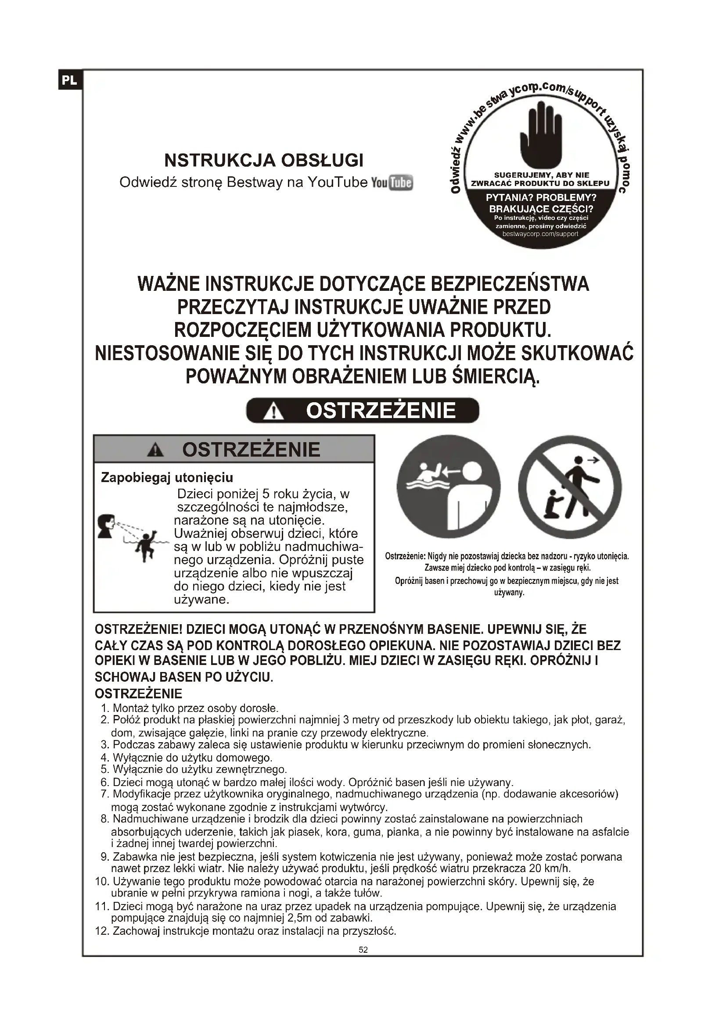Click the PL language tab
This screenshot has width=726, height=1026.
(70, 80)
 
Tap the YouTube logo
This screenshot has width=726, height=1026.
(392, 183)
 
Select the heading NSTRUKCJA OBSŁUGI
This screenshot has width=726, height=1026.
(264, 160)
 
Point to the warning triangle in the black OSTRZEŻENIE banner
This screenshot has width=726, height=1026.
(273, 411)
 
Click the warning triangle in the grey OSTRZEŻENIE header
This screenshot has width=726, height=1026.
(155, 450)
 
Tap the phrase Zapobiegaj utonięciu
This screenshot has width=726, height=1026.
(167, 478)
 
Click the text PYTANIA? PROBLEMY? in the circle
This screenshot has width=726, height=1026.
(541, 197)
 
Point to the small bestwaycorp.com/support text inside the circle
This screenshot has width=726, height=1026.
(540, 234)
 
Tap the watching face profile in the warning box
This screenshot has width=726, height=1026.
(106, 526)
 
